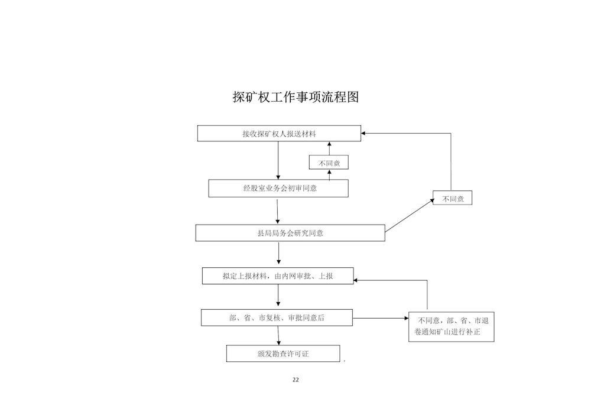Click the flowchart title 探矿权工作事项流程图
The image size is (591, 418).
295,97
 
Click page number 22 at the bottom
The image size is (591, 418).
295,380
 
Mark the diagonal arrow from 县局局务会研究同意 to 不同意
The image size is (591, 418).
410,215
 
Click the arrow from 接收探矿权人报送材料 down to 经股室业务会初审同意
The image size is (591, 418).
278,161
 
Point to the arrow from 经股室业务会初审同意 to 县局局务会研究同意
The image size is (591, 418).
277,211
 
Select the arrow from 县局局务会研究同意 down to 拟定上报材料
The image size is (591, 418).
278,253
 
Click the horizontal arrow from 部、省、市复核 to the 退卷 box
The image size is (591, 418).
381,318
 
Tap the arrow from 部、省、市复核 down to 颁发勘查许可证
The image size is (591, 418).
278,335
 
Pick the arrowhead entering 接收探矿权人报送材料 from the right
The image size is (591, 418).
363,133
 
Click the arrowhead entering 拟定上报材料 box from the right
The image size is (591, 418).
355,280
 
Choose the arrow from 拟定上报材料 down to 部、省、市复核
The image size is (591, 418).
278,295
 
